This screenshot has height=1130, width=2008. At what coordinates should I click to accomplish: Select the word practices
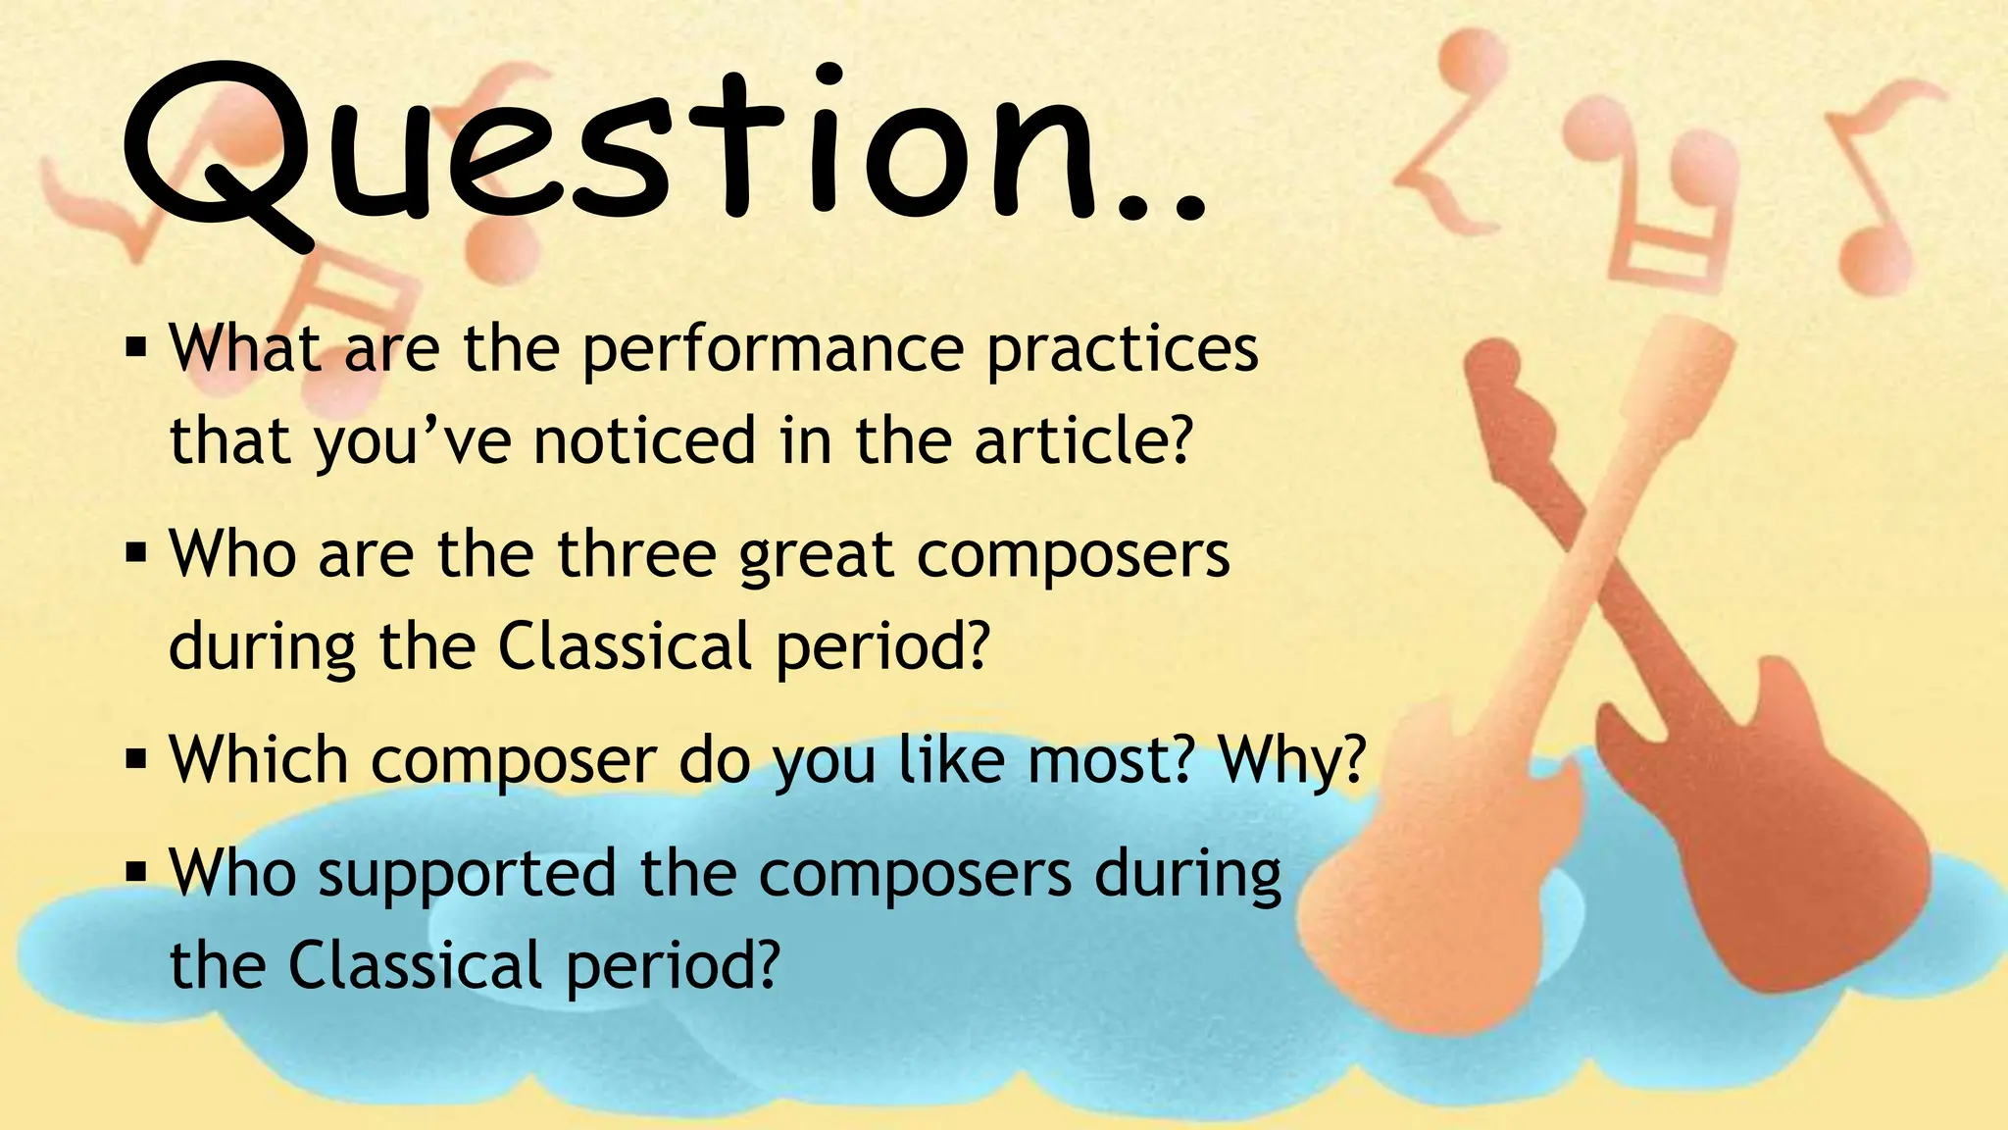(1122, 350)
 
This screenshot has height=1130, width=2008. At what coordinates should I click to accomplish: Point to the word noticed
(645, 440)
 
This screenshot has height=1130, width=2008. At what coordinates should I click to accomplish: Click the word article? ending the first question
(1084, 440)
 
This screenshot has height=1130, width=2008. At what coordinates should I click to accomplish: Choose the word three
(637, 554)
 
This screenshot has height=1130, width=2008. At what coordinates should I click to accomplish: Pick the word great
(817, 556)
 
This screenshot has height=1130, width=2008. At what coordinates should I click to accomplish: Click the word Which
(259, 760)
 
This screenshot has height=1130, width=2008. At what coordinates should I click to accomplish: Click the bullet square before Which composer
(136, 758)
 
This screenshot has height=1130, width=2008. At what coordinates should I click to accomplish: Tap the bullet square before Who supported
(136, 871)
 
